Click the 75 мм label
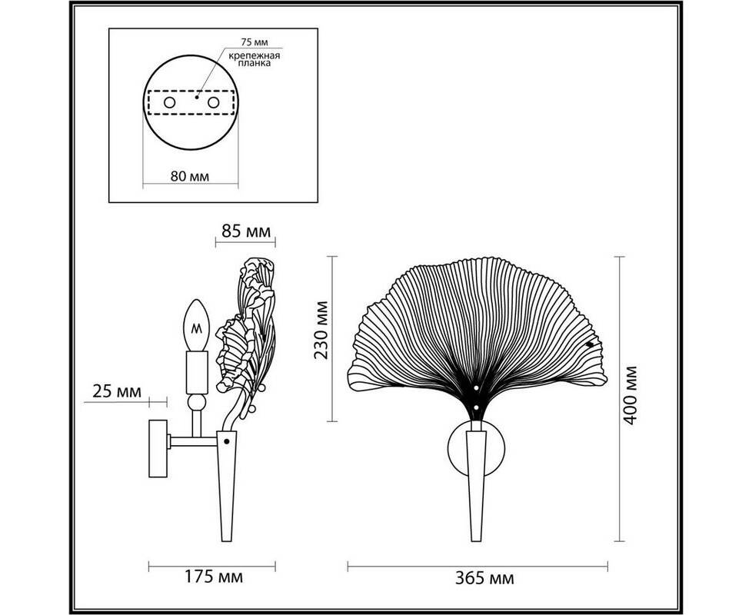[x=254, y=42]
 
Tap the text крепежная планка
[x=254, y=59]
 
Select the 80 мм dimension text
[x=190, y=176]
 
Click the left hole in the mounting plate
[x=169, y=102]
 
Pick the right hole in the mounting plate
[x=214, y=102]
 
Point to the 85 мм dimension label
[x=246, y=231]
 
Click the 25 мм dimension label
[x=117, y=391]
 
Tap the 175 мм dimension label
[x=214, y=576]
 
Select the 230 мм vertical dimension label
[x=321, y=330]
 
